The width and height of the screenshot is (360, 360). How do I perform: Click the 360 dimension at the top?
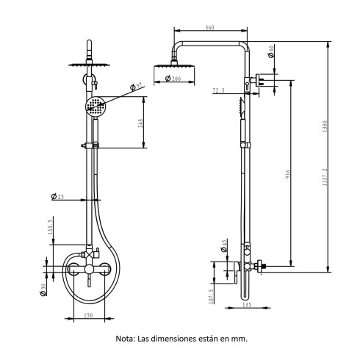pyautogui.click(x=209, y=28)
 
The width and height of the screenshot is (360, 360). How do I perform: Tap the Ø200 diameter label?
pyautogui.click(x=173, y=79)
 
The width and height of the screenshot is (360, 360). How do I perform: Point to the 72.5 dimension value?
pyautogui.click(x=218, y=92)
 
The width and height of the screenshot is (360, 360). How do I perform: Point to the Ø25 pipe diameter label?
pyautogui.click(x=58, y=197)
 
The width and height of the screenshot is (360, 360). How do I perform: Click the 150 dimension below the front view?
pyautogui.click(x=88, y=315)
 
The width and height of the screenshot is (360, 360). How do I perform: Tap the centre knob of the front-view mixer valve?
pyautogui.click(x=89, y=270)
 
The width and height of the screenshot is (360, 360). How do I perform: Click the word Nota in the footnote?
pyautogui.click(x=126, y=339)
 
